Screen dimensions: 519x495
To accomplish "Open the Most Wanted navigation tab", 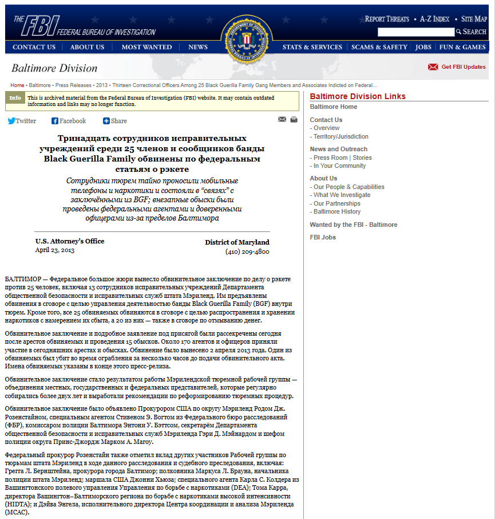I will tap(146, 47).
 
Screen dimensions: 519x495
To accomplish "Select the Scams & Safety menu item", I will tap(379, 47).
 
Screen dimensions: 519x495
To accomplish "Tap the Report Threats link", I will tap(387, 19).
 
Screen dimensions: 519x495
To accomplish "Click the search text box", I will tap(416, 32).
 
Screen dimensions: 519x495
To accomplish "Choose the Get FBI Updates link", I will tap(463, 67).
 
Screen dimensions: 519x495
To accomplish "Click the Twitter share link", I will tap(22, 121).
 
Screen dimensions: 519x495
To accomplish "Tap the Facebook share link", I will tap(69, 121).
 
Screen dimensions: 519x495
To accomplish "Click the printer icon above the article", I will tap(294, 120).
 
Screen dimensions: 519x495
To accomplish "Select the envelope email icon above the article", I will tap(282, 120).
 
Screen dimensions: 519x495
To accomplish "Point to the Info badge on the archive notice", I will tap(15, 97).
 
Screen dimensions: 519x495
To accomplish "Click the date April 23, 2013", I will tap(55, 250).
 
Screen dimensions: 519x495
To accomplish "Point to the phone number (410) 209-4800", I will tap(247, 251).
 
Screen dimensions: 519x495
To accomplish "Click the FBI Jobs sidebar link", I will tap(323, 237).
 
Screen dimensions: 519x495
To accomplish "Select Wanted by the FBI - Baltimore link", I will tap(353, 225).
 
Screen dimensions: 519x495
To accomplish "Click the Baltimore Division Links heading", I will tap(358, 96).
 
